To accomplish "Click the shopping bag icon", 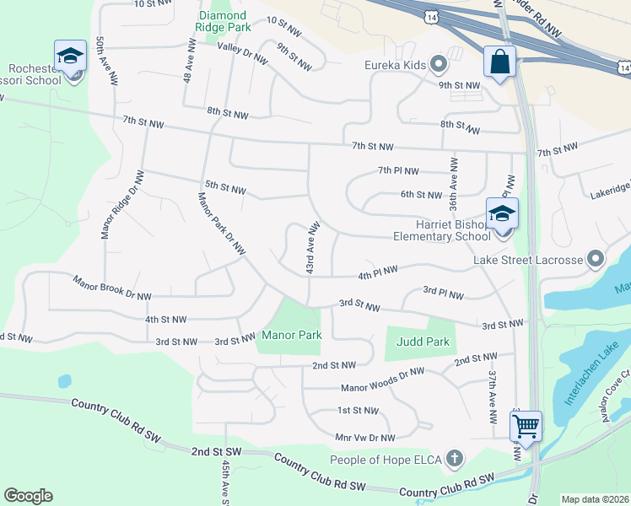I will coord(499,62).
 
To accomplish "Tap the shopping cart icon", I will coord(526,427).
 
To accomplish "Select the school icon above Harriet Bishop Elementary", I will coord(502,214).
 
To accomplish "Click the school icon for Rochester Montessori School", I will coord(70,57).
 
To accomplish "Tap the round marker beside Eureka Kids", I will coord(438,64).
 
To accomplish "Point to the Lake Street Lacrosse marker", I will coord(596,259).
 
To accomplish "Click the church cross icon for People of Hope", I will coord(455,459).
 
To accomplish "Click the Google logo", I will coord(28,496).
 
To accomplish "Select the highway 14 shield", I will coord(432,16).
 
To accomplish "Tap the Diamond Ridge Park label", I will coord(223,22).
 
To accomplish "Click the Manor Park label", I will coord(292,335).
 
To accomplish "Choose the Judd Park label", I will coord(423,342).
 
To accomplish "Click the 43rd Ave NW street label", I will coord(312,247).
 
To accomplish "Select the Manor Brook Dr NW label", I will coord(112,288).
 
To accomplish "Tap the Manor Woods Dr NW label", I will coord(382,382).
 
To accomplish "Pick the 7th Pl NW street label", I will coord(398,170).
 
